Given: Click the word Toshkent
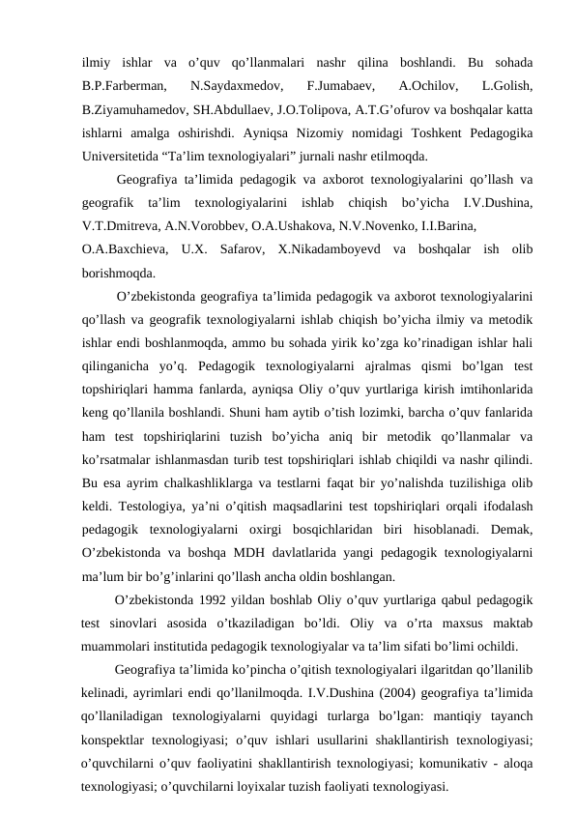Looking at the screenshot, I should point(446,130).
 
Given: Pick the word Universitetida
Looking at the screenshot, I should point(127,153).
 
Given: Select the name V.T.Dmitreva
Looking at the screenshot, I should point(125,225).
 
